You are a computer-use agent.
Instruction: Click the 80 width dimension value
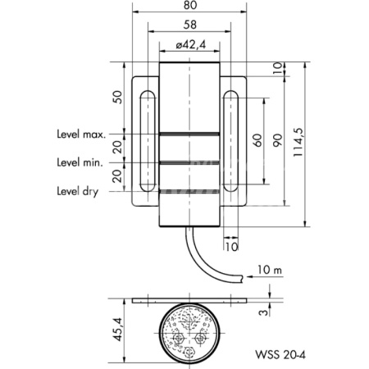click(190, 5)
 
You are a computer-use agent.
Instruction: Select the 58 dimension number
click(190, 25)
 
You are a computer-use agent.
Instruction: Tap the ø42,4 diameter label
click(190, 44)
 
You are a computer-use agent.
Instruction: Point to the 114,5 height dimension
click(298, 142)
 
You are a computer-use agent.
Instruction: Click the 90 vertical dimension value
click(277, 140)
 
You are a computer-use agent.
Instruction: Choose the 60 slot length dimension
click(257, 140)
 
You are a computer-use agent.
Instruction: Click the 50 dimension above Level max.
click(117, 97)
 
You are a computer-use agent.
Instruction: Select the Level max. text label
click(81, 134)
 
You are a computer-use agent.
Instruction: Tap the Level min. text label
click(80, 162)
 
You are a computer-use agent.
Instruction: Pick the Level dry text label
click(77, 191)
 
